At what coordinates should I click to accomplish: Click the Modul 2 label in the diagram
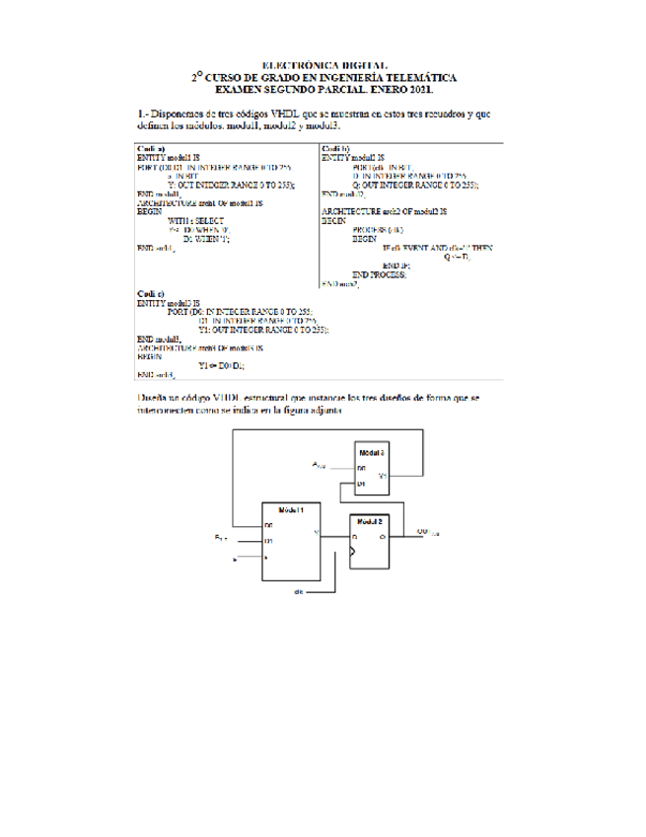[369, 520]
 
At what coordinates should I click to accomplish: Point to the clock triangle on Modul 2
[351, 557]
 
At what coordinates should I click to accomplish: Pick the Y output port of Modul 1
[315, 533]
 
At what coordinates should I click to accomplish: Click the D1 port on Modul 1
[268, 542]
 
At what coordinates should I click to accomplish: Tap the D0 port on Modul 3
[362, 467]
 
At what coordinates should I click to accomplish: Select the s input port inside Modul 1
[266, 559]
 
